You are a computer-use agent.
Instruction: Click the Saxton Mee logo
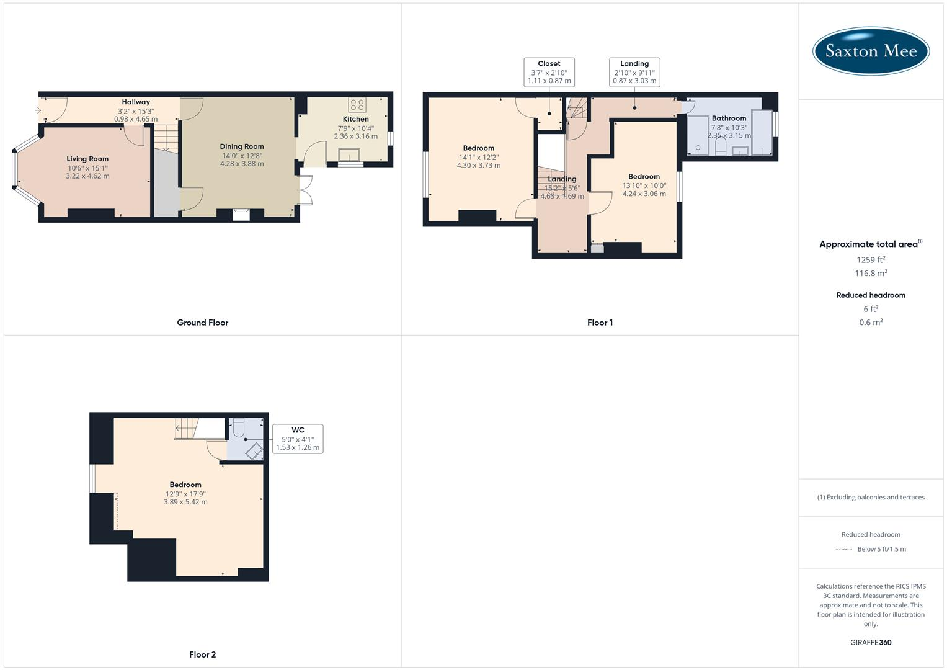pos(871,51)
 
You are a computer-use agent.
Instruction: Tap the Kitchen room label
pos(355,119)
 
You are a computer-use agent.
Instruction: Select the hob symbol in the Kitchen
pos(357,104)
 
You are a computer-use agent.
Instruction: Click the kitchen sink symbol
pos(349,154)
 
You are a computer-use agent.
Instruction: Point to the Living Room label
pos(87,159)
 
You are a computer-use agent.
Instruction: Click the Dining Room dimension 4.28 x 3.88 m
pos(242,164)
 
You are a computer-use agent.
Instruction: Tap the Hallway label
pos(136,102)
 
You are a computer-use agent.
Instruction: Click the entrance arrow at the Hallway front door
pos(38,110)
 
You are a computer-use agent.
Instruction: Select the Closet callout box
pos(549,72)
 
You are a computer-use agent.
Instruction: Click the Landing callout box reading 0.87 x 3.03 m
pos(634,72)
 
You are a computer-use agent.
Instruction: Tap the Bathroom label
pos(729,118)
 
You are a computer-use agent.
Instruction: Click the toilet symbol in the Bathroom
pos(721,146)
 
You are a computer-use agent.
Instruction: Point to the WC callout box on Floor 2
pos(298,439)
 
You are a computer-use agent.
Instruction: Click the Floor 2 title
pos(203,654)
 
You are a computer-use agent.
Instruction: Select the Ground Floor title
pos(203,323)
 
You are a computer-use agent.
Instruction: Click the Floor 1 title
pos(600,323)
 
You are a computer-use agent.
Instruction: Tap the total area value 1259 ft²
pos(871,260)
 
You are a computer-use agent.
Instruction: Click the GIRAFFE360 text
pos(871,642)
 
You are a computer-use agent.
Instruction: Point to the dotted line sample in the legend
pos(844,549)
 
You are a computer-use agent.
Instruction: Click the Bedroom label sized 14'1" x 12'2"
pos(478,148)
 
